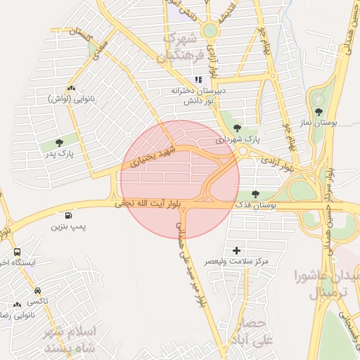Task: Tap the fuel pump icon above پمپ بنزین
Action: click(x=68, y=217)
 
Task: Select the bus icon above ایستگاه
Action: click(x=17, y=252)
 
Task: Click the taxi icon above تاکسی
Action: click(x=37, y=290)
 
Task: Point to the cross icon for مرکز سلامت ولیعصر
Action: click(x=236, y=250)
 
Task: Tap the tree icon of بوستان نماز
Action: click(x=320, y=112)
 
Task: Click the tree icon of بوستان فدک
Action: click(x=255, y=194)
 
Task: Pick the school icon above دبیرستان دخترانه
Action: click(x=198, y=79)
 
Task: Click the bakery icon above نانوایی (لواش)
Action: click(x=70, y=89)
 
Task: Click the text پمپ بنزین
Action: click(x=68, y=228)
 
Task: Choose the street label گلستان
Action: click(x=82, y=35)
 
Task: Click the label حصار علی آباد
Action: click(x=250, y=333)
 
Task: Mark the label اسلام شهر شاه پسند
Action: click(x=72, y=339)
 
